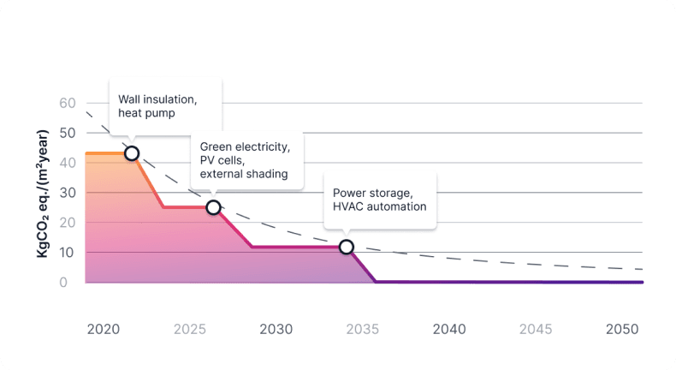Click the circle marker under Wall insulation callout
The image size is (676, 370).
pyautogui.click(x=132, y=153)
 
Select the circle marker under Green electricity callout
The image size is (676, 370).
pyautogui.click(x=214, y=207)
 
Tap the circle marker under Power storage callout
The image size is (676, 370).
pyautogui.click(x=347, y=247)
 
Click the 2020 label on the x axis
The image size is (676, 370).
pyautogui.click(x=103, y=329)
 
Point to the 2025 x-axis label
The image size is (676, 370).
pyautogui.click(x=190, y=329)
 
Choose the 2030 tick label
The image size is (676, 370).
pyautogui.click(x=276, y=329)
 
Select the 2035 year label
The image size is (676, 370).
pyautogui.click(x=363, y=329)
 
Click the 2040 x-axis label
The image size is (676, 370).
pyautogui.click(x=449, y=329)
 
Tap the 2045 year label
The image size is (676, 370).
pyautogui.click(x=536, y=329)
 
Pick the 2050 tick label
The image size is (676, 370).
pyautogui.click(x=622, y=329)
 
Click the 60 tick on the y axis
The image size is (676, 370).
pyautogui.click(x=68, y=103)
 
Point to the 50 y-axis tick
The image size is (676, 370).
pyautogui.click(x=68, y=133)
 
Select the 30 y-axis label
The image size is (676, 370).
pyautogui.click(x=68, y=193)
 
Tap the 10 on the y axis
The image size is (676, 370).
pyautogui.click(x=68, y=252)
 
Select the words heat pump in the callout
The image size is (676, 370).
pyautogui.click(x=145, y=113)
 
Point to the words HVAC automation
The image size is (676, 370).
pyautogui.click(x=379, y=206)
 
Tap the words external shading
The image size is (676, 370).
pyautogui.click(x=244, y=174)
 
